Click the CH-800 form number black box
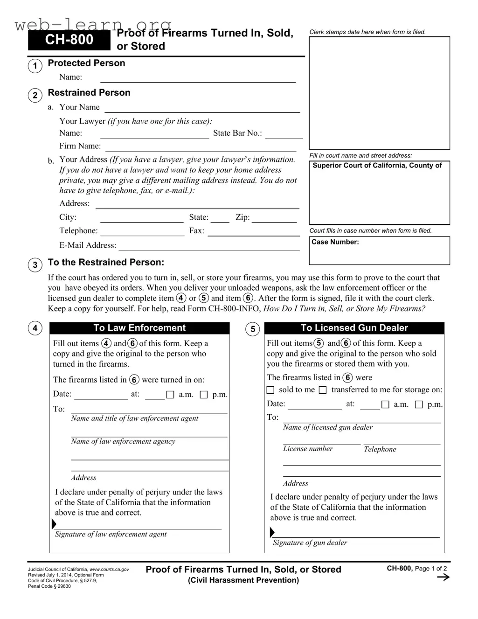pos(69,40)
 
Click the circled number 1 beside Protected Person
pos(35,66)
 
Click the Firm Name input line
pos(201,148)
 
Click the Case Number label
pos(335,242)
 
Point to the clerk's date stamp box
pos(379,93)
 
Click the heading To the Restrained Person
pos(106,262)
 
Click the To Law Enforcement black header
pos(139,328)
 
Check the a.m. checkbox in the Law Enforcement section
pos(170,395)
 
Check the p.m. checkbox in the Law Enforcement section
pos(204,395)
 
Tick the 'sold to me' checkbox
pos(270,390)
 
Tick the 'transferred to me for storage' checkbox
pos(323,390)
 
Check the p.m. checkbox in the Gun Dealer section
pos(419,404)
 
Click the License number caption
pos(308,449)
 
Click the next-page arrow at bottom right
pos(443,577)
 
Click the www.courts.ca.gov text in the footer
pos(109,570)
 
